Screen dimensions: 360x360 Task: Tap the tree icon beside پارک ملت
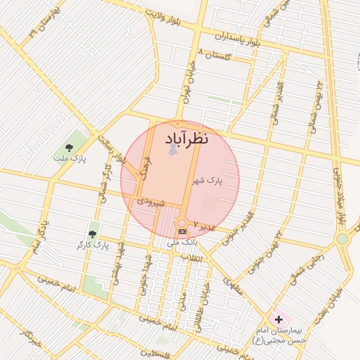click(x=69, y=148)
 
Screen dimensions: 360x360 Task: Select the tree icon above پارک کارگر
click(x=92, y=233)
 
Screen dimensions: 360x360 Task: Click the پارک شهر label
click(x=207, y=181)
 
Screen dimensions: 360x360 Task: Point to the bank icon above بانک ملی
click(x=182, y=231)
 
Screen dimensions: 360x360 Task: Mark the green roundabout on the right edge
click(x=342, y=238)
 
